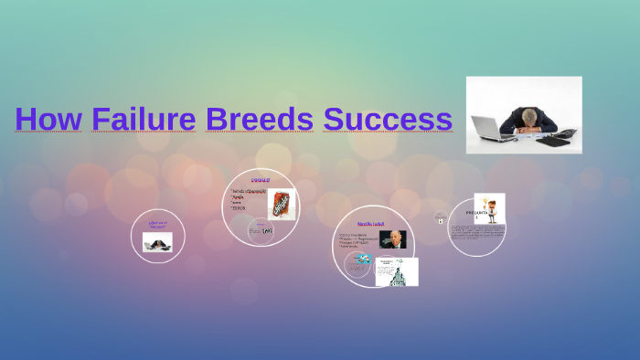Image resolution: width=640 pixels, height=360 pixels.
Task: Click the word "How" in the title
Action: tap(48, 119)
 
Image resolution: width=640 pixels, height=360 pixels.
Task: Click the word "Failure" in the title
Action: tap(143, 119)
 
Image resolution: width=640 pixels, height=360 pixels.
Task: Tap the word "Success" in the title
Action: tap(388, 119)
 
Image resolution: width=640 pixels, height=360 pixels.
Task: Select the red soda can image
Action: tap(281, 204)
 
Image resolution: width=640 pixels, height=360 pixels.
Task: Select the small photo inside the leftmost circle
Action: tap(157, 241)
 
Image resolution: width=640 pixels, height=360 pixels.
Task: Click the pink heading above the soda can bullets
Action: tap(261, 182)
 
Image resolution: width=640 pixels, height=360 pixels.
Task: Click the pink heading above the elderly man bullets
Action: tap(370, 224)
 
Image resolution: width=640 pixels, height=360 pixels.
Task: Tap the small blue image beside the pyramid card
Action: tap(362, 260)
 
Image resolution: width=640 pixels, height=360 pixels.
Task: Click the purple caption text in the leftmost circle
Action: tap(157, 224)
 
